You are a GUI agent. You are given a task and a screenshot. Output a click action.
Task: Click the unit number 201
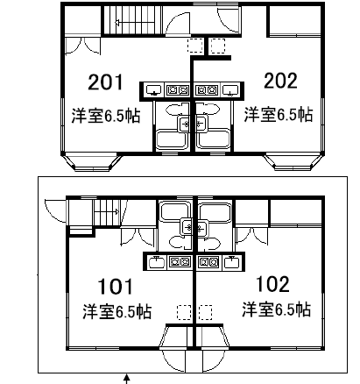tap(105, 82)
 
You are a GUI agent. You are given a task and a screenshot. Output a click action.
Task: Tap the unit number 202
tap(280, 81)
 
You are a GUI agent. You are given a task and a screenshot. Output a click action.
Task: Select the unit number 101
tap(115, 287)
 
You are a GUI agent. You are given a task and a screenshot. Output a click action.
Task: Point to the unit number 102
tap(272, 284)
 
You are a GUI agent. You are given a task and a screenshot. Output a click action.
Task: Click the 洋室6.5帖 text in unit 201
tap(106, 116)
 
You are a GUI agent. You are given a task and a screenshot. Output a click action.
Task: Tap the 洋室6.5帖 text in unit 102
tap(276, 309)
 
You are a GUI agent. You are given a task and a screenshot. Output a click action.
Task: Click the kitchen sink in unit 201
tap(154, 90)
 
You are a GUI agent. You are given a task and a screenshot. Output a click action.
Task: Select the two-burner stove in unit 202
tap(207, 90)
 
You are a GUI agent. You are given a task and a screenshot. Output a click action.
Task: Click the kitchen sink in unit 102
tap(232, 262)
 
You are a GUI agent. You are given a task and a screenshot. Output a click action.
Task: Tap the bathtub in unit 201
tap(172, 140)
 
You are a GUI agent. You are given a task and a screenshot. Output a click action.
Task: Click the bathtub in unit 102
tap(215, 212)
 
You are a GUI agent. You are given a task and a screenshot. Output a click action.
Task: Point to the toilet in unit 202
tap(208, 110)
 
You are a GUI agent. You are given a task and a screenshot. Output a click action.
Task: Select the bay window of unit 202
tap(294, 162)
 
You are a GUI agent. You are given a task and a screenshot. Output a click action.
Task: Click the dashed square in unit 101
tap(184, 312)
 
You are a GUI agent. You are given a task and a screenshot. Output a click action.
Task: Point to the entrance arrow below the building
tap(126, 379)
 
